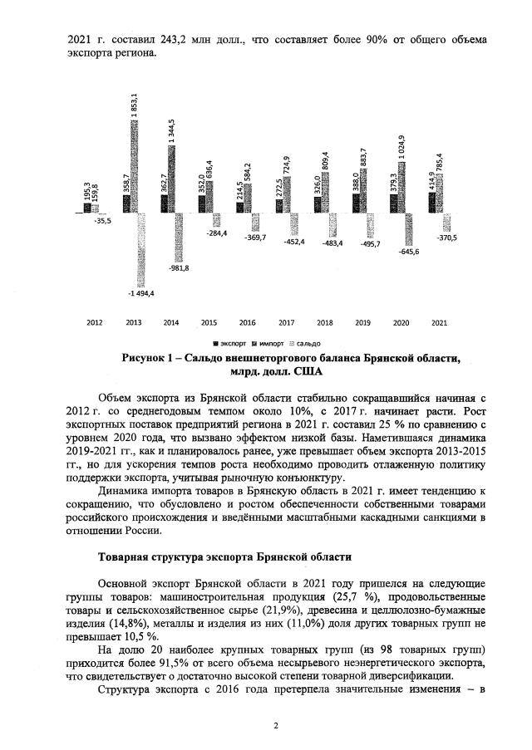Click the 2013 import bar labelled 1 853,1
[135, 166]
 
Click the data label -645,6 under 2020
[408, 251]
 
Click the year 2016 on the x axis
[247, 322]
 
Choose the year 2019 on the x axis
[362, 322]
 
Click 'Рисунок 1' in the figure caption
[153, 357]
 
